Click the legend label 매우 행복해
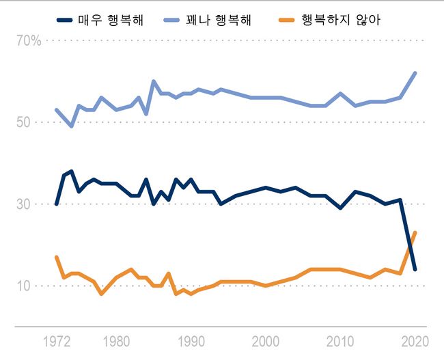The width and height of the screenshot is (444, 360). (x=116, y=19)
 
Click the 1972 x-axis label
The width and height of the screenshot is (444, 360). (x=56, y=341)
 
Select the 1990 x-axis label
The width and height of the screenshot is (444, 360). (x=191, y=341)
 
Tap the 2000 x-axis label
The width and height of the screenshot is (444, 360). (x=266, y=341)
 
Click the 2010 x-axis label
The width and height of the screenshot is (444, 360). (x=340, y=341)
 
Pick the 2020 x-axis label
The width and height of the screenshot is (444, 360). (x=413, y=341)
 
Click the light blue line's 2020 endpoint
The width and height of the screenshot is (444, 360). (x=415, y=73)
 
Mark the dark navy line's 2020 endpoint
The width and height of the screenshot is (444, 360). (x=415, y=269)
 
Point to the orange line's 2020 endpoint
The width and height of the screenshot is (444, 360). (x=415, y=232)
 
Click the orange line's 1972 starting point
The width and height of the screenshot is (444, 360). (x=56, y=257)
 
